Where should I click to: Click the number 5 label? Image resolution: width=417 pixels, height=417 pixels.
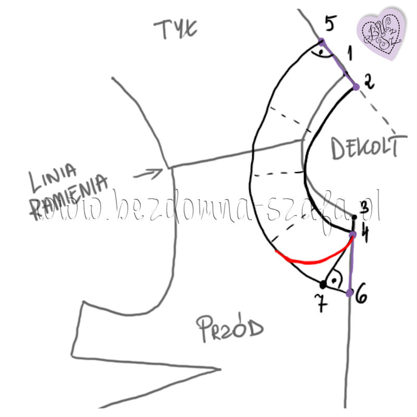[x=330, y=23]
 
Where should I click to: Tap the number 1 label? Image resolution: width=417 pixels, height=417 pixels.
[x=350, y=52]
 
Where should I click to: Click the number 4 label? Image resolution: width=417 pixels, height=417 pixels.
[x=365, y=235]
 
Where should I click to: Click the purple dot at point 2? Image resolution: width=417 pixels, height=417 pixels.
[x=356, y=87]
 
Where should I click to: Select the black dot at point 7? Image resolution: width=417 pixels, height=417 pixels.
[x=323, y=285]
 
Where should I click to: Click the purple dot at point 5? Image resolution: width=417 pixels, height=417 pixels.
[x=322, y=41]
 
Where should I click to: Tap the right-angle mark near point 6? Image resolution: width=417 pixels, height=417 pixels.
[x=336, y=279]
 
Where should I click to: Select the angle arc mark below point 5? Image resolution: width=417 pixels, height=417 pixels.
[x=318, y=53]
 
